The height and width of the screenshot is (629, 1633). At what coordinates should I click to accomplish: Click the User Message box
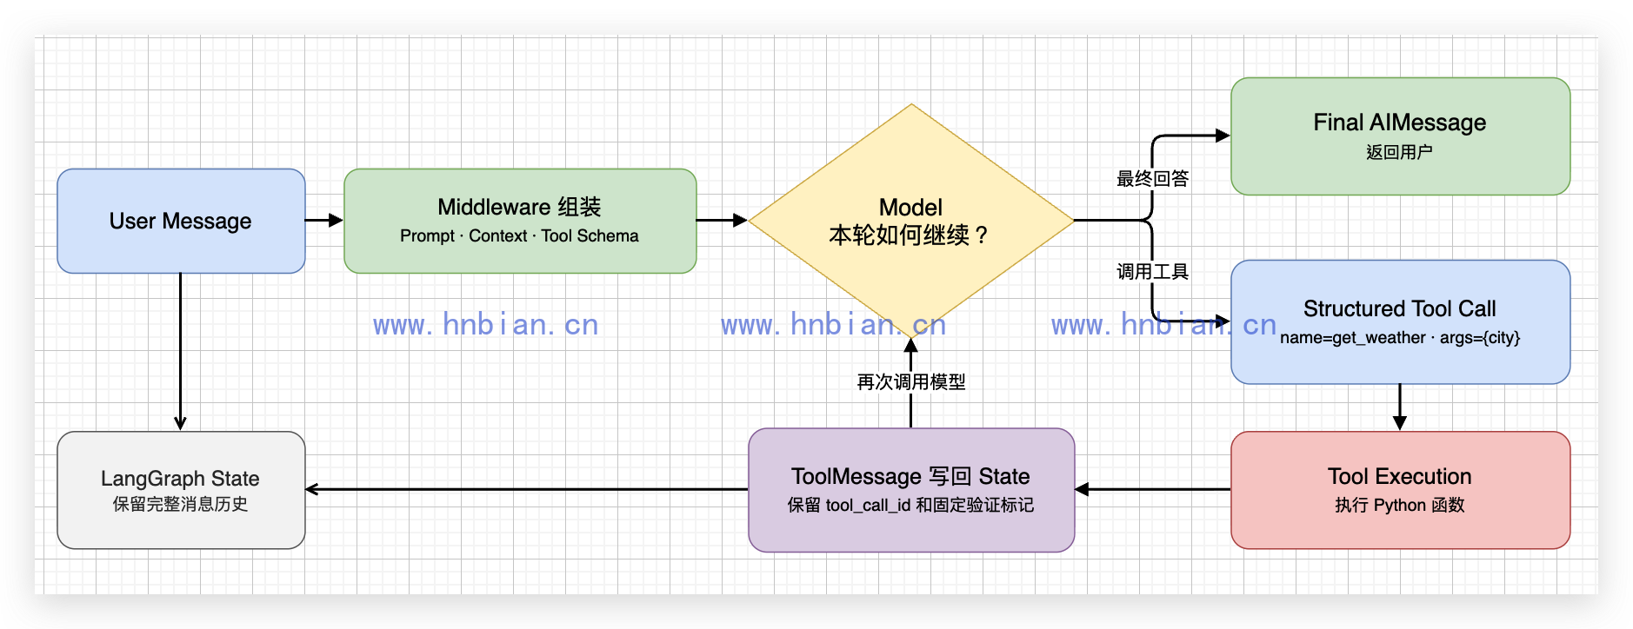181,221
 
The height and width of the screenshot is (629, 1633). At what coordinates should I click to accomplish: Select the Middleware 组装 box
520,221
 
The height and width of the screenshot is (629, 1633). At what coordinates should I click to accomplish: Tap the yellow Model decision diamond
911,221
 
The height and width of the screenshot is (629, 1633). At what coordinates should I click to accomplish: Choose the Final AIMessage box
1400,136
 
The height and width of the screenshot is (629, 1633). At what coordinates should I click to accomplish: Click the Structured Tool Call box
1400,321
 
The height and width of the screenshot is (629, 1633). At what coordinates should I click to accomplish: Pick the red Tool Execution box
1400,490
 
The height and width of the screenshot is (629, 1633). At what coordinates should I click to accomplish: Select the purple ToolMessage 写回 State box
911,490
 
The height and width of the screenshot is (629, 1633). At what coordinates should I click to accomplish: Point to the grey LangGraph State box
181,490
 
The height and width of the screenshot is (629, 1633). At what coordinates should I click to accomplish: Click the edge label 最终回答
1152,179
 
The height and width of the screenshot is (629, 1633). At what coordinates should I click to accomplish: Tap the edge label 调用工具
1152,272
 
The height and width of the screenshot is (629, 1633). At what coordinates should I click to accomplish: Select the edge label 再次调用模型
911,382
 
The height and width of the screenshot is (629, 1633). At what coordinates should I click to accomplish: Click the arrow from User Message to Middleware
324,221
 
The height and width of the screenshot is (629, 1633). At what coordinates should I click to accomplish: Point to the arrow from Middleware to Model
722,221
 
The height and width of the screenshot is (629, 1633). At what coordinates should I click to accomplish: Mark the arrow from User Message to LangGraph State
181,352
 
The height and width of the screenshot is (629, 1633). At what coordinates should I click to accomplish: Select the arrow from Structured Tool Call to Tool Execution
1400,407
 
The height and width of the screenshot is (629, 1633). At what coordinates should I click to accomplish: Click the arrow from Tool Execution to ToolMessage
1153,490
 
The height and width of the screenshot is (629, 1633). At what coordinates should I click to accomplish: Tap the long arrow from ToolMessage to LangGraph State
527,490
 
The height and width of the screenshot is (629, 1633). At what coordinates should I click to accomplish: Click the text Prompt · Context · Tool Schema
519,236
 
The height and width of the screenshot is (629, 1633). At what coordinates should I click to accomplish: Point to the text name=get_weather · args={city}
1400,338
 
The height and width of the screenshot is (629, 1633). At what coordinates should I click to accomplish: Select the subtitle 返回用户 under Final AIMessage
1399,152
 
